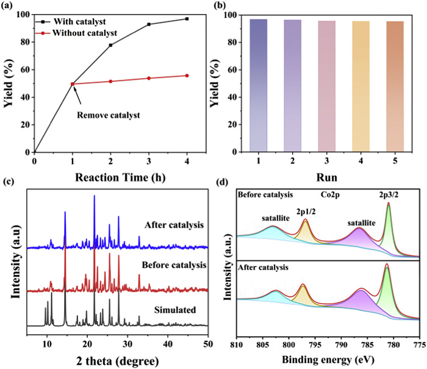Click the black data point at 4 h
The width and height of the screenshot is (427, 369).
(x=187, y=19)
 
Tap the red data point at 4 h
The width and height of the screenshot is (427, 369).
(x=187, y=76)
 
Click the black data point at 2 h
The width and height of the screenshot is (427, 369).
(x=110, y=45)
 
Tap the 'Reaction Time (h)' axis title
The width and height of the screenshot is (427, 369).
(x=110, y=177)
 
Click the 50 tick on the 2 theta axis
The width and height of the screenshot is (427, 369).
(x=209, y=342)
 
